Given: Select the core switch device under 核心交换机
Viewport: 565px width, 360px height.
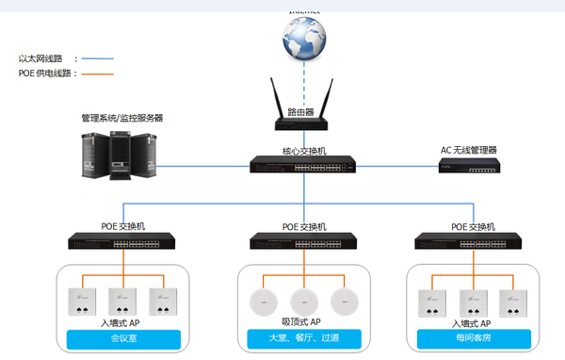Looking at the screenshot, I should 304,166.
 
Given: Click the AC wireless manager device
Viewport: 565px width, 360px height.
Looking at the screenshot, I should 468,167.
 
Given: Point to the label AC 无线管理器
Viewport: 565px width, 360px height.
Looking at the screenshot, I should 468,150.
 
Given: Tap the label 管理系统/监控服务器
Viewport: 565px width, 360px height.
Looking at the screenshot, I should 122,119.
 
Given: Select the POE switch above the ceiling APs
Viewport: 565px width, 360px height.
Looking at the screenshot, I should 303,241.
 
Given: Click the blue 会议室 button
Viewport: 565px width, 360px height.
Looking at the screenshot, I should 122,337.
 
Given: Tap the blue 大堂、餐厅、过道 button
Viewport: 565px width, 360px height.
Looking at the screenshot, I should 303,337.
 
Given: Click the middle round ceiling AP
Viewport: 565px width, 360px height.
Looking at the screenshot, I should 304,302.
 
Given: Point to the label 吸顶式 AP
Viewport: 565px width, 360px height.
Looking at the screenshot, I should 303,322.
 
